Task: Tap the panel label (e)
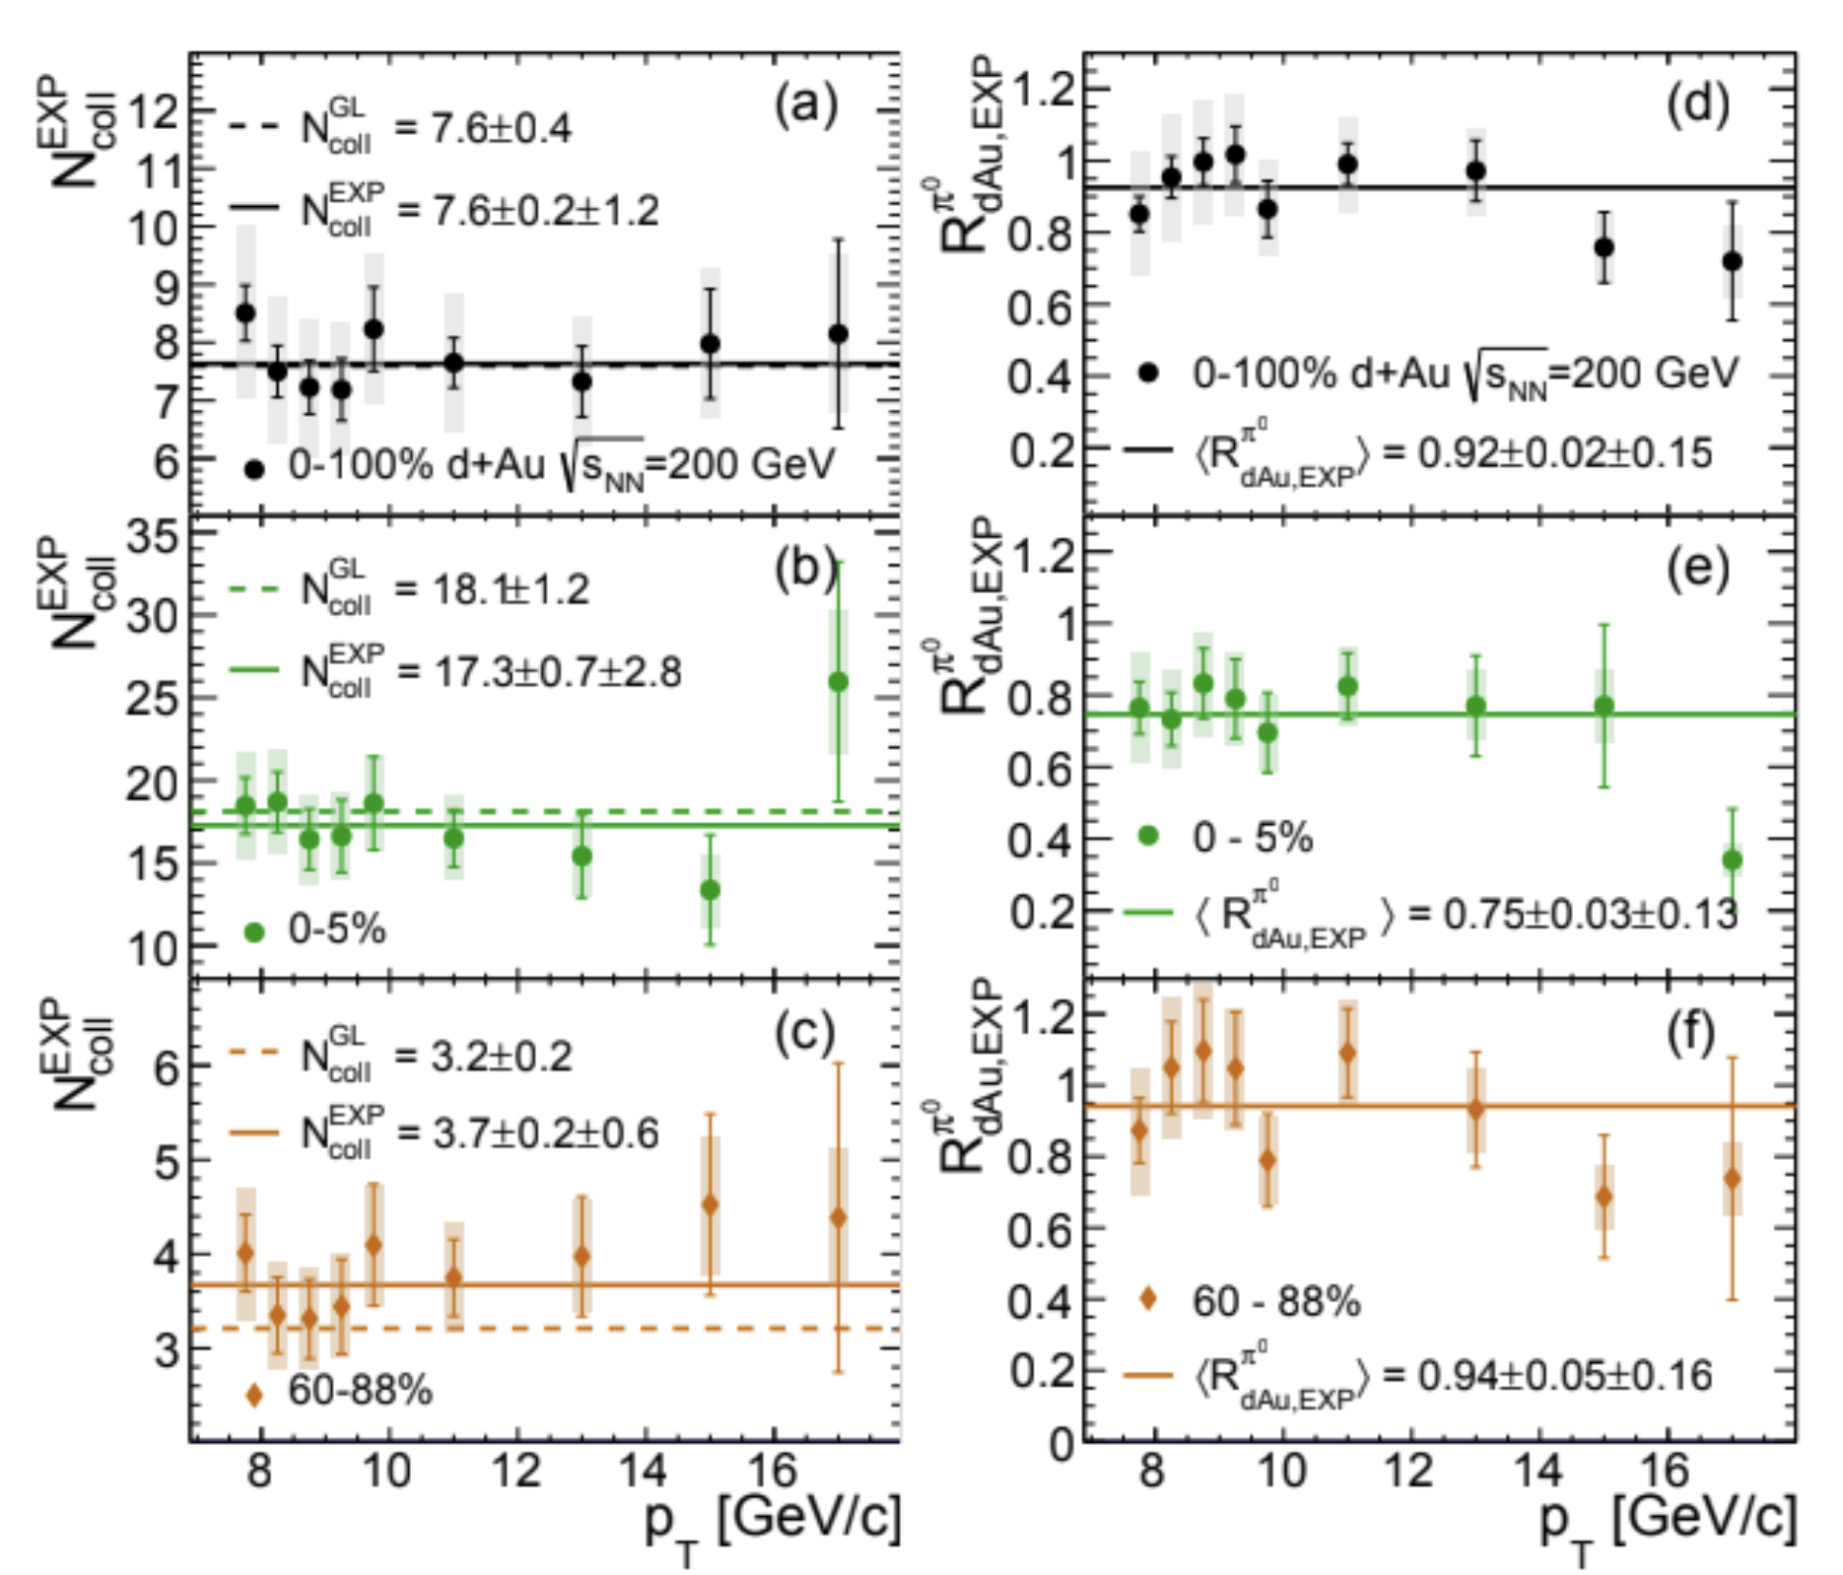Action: (x=1697, y=569)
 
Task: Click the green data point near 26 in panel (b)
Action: (x=839, y=682)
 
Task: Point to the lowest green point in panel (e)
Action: (x=1732, y=860)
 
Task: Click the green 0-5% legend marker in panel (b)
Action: (x=254, y=931)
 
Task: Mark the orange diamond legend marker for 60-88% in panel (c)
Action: (x=254, y=1394)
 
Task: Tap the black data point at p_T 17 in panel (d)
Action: (x=1732, y=261)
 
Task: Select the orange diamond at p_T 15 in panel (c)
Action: (x=710, y=1204)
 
